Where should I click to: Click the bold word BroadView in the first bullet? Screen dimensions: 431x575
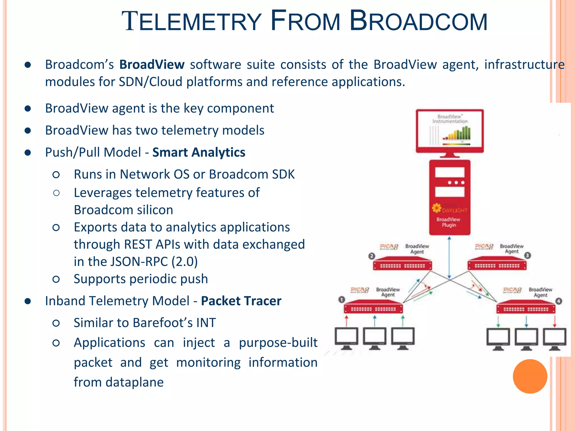pos(152,65)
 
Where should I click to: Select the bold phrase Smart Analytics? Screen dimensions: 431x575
pos(199,152)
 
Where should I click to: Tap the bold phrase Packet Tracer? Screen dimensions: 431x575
pos(241,301)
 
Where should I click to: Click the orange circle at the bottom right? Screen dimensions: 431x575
pos(530,376)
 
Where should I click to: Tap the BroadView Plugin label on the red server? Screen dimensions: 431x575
pos(448,222)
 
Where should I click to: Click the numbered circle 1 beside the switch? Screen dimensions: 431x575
pos(341,300)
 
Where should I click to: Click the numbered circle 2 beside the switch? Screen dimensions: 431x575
pos(372,256)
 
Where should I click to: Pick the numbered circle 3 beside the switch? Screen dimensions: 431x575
pos(528,255)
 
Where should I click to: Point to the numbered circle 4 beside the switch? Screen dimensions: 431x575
pos(559,301)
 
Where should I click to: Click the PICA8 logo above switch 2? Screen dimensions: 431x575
pos(389,247)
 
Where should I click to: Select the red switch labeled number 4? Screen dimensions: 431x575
pos(526,308)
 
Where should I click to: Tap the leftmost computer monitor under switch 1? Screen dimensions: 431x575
pos(346,338)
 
